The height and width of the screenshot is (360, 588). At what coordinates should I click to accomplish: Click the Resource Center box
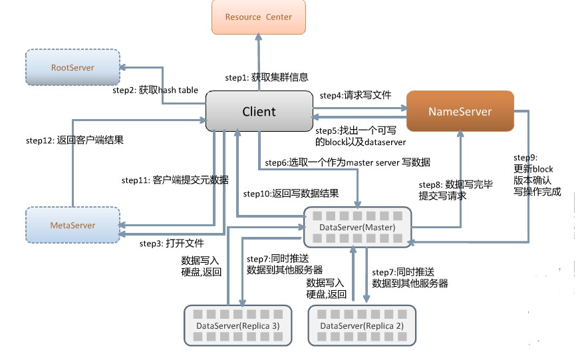pos(258,17)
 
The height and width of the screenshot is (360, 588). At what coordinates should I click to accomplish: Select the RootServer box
pos(73,68)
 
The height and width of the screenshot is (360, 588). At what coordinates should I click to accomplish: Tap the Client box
pos(259,111)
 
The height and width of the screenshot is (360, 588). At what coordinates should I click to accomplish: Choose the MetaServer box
pos(73,225)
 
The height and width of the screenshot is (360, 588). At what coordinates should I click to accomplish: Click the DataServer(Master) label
pos(357,228)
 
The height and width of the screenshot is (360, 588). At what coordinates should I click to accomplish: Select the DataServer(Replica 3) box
pos(237,325)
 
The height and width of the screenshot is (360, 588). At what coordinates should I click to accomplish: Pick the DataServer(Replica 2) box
pos(362,325)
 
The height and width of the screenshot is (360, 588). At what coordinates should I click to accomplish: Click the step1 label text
pos(266,77)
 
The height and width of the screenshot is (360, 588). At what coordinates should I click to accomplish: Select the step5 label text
pos(360,136)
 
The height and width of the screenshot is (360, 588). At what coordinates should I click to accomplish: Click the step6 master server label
pos(347,162)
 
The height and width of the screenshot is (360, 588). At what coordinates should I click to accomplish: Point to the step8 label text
pos(456,190)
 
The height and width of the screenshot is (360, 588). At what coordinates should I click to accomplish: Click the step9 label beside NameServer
pos(537,175)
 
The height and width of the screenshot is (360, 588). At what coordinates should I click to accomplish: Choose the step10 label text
pos(291,194)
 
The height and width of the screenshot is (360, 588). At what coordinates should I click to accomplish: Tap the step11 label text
pos(175,180)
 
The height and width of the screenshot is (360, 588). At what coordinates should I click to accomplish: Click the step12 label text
pos(74,140)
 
